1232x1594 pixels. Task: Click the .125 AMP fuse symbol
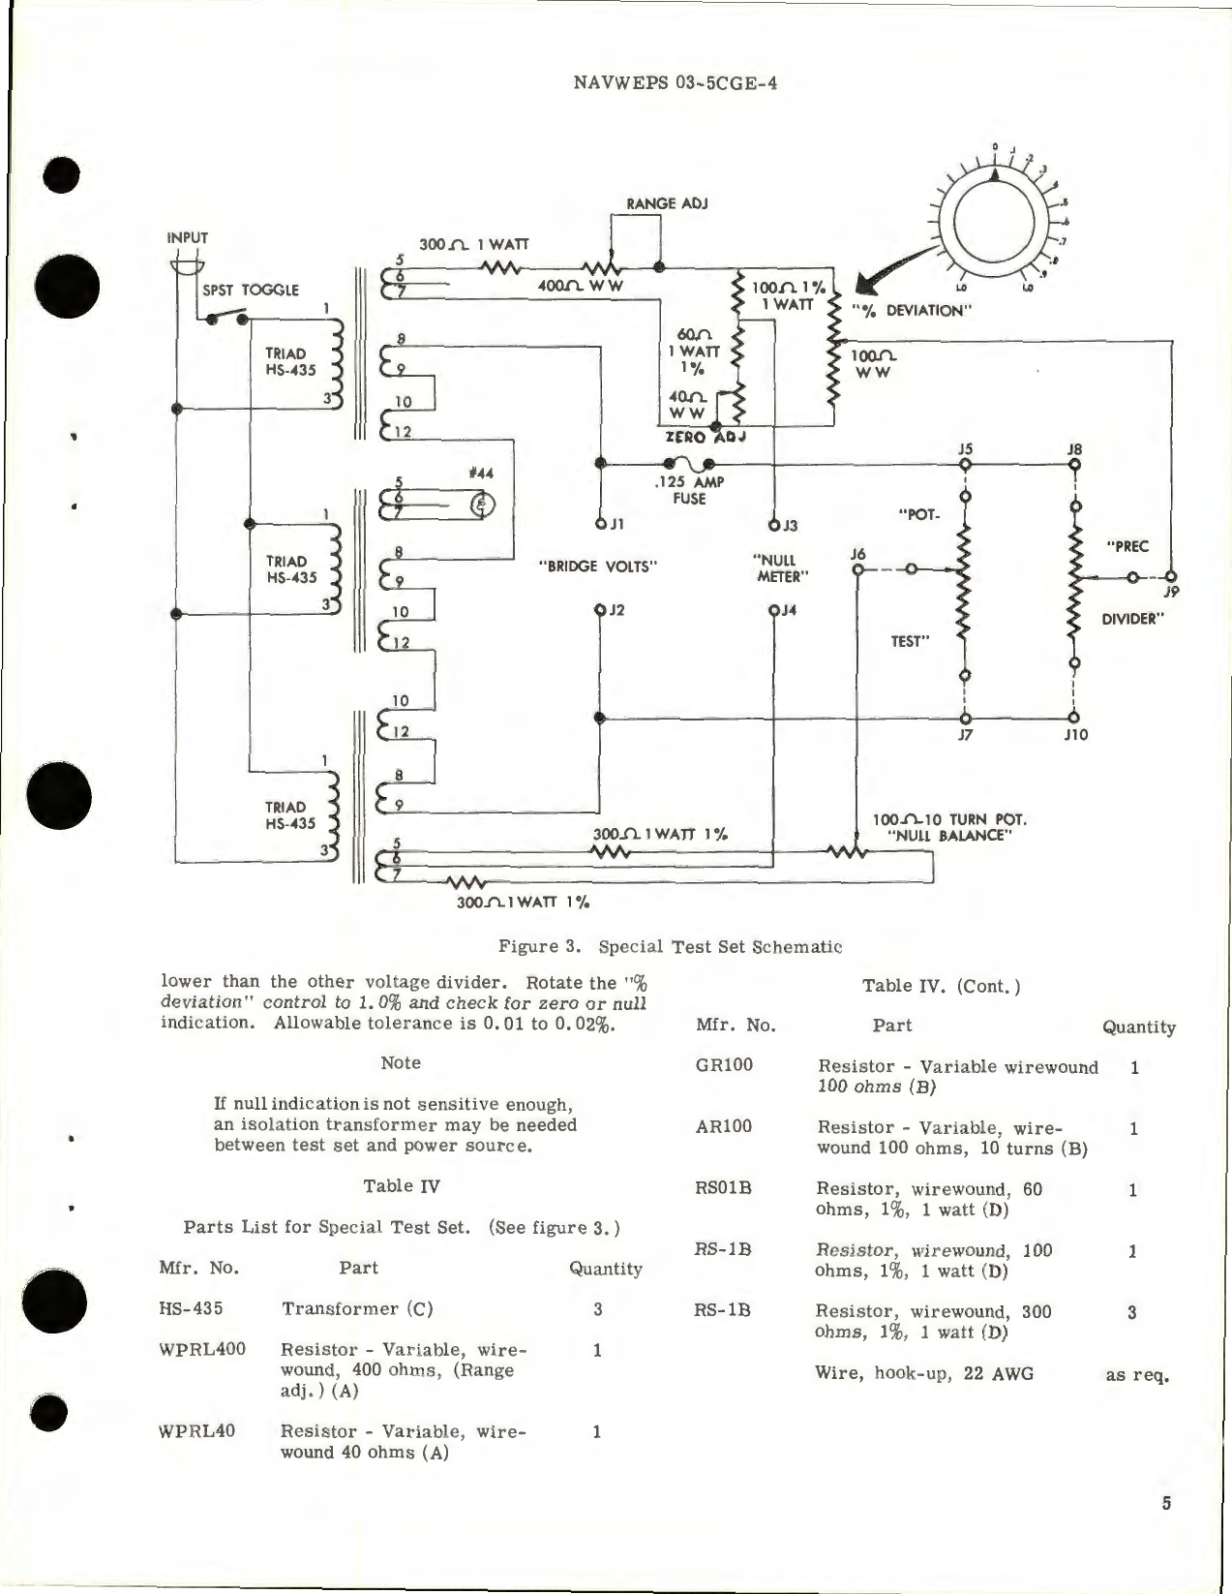686,464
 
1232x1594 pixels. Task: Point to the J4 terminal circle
774,610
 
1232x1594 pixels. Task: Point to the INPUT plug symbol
187,264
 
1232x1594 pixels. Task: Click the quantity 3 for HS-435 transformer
597,1308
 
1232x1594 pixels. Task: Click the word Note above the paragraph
401,1062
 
